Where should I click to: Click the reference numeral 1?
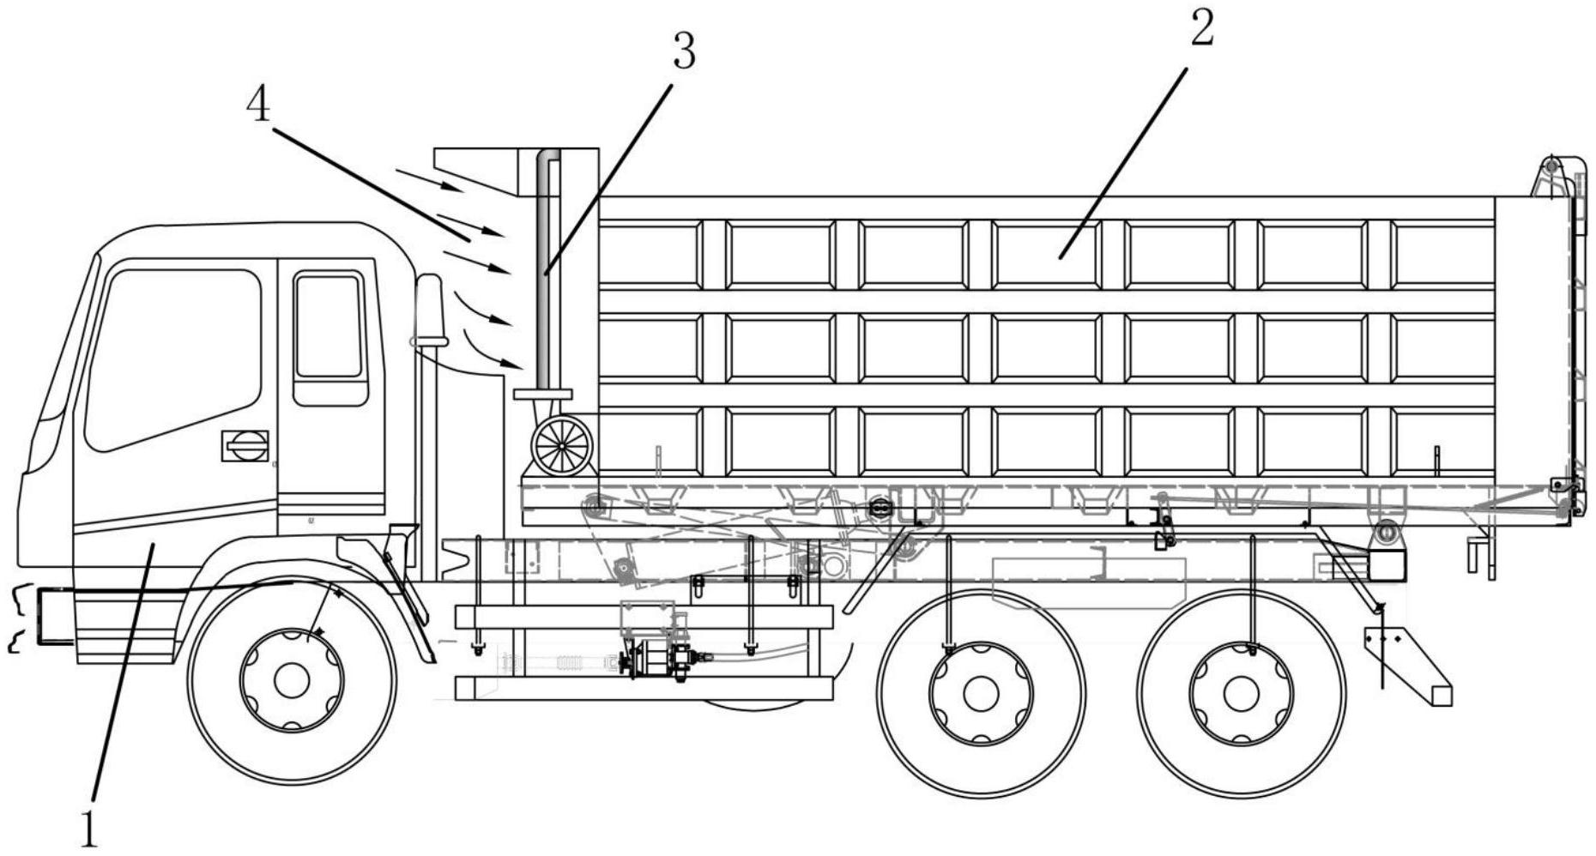(x=88, y=827)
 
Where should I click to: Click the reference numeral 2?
(x=1202, y=30)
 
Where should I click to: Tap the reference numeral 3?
(x=683, y=53)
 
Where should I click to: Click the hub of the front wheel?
(x=292, y=680)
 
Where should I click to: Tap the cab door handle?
(x=245, y=445)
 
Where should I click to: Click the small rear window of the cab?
(x=329, y=327)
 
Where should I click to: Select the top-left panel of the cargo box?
(x=650, y=255)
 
